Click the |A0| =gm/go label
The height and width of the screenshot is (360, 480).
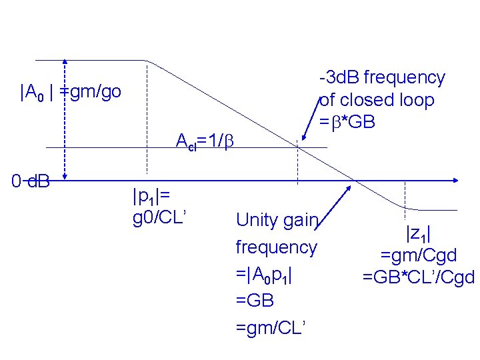[71, 92]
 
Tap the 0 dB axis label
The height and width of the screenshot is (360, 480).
[32, 180]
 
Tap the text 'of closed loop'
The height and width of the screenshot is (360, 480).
[377, 101]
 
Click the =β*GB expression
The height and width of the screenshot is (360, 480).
[347, 123]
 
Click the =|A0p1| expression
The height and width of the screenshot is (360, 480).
[265, 273]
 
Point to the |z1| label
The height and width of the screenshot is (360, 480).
[418, 233]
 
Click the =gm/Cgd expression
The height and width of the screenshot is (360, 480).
[418, 255]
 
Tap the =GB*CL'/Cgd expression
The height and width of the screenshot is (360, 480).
[418, 276]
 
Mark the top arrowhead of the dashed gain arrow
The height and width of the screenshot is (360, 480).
[65, 61]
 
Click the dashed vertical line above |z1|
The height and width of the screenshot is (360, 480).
[404, 194]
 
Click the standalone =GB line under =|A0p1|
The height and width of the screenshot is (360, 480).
[255, 300]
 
